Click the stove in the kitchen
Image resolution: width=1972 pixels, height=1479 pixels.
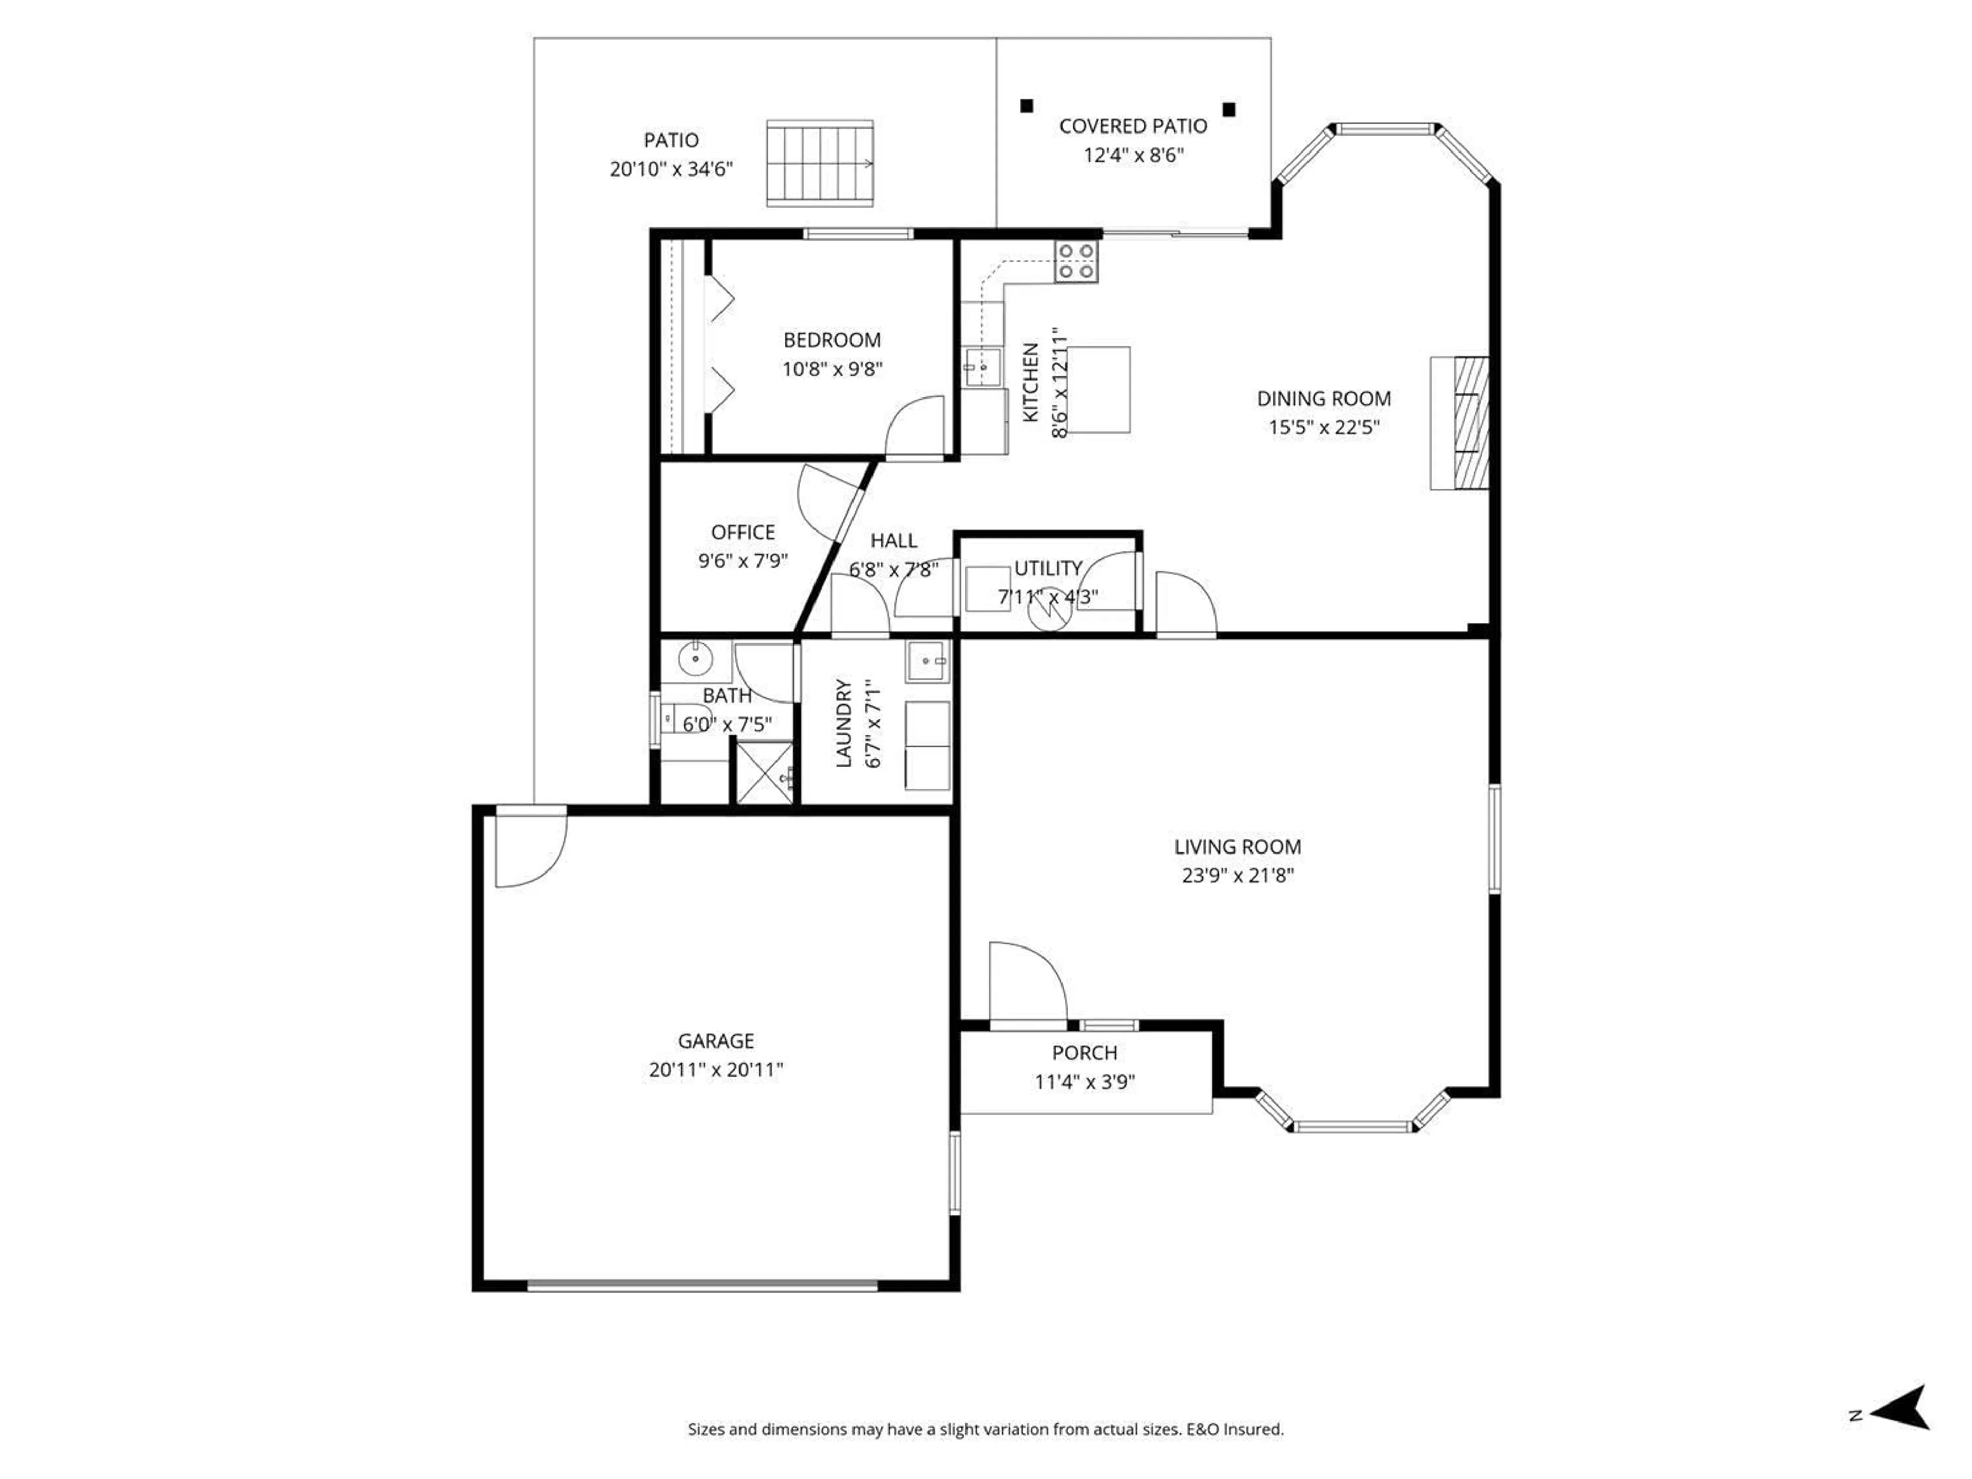coord(1076,262)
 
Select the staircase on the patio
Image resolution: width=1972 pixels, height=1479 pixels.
coord(819,164)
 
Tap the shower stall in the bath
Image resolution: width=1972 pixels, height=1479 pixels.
coord(763,772)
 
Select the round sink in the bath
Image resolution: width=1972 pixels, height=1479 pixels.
coord(695,660)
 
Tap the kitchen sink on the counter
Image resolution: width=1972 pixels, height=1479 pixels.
coord(982,366)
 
